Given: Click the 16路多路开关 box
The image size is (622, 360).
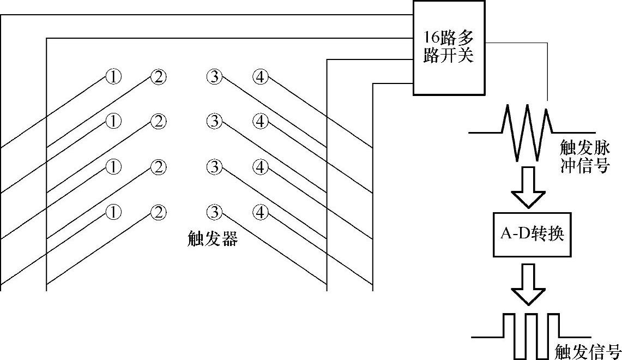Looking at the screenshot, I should click(448, 47).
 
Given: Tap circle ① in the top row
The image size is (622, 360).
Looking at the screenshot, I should click(113, 77).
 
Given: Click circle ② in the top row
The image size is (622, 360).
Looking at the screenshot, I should click(158, 77).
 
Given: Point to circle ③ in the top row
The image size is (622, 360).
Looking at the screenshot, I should click(214, 77).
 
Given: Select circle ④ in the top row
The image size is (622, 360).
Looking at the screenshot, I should click(261, 77).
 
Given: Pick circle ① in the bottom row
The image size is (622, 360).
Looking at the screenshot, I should click(113, 212).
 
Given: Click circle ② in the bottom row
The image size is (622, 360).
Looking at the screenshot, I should click(158, 212).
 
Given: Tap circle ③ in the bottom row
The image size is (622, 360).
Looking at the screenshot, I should click(214, 212).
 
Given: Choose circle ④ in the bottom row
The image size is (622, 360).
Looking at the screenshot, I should click(261, 212).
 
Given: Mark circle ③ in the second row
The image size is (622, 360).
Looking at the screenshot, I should click(214, 122).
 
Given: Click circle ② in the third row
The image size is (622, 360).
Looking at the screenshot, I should click(158, 167).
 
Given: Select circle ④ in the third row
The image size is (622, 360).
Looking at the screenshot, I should click(261, 167).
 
